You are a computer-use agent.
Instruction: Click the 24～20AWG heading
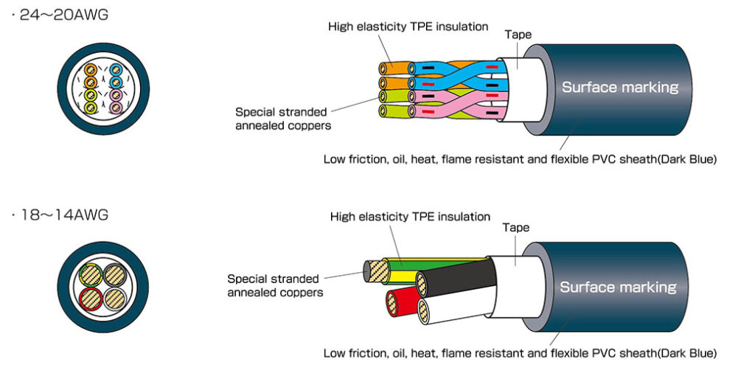pyautogui.click(x=63, y=14)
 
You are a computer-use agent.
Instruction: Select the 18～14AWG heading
pyautogui.click(x=63, y=215)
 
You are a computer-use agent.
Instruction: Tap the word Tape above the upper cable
pyautogui.click(x=518, y=34)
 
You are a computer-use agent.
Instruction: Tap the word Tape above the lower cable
pyautogui.click(x=516, y=228)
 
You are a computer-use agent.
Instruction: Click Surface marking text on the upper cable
pyautogui.click(x=619, y=87)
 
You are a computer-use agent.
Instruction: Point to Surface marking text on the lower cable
pyautogui.click(x=618, y=287)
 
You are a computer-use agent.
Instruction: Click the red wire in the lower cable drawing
pyautogui.click(x=403, y=302)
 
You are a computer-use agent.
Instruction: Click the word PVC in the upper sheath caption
pyautogui.click(x=604, y=159)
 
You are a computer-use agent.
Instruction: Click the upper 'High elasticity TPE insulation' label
pyautogui.click(x=408, y=27)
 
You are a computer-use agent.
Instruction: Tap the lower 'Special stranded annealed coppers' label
pyautogui.click(x=274, y=285)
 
